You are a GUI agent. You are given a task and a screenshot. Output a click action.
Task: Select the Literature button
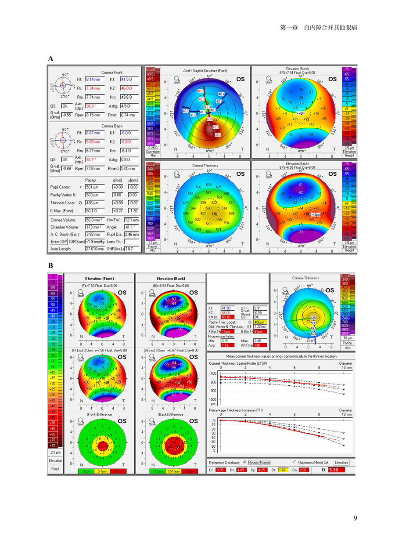[342, 463]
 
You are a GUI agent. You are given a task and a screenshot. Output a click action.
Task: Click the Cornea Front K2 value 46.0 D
[130, 88]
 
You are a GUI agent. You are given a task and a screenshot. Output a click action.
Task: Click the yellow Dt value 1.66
[278, 471]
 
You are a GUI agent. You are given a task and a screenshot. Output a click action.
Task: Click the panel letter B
[50, 266]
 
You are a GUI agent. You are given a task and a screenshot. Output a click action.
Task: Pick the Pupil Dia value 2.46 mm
[130, 234]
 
